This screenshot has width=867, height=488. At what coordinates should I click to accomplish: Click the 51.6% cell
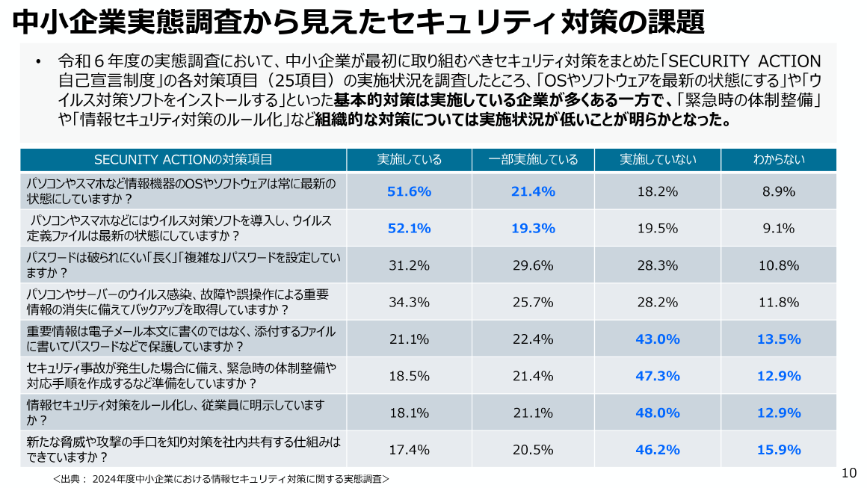(x=409, y=191)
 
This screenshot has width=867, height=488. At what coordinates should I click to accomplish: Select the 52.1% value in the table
(x=409, y=228)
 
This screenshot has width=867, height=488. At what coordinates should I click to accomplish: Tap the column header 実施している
(x=409, y=159)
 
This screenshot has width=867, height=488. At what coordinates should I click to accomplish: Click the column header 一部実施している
(x=533, y=159)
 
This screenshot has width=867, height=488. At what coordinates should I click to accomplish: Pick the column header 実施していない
(x=658, y=159)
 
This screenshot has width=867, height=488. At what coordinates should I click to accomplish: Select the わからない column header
(x=778, y=159)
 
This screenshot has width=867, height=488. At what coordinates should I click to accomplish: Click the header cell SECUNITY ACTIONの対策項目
(x=183, y=159)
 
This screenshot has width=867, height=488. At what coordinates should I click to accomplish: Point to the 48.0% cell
(x=658, y=413)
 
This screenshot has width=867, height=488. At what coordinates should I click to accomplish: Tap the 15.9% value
(x=778, y=449)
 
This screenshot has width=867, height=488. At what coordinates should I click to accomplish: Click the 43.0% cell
(x=658, y=339)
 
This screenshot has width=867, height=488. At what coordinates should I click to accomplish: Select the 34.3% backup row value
(x=409, y=302)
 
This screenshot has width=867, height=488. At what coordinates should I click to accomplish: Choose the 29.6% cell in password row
(x=533, y=265)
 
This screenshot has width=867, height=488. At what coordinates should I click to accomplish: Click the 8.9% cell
(x=778, y=191)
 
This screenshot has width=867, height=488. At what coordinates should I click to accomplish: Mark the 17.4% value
(x=409, y=449)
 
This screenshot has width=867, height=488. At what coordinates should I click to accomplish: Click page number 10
(x=848, y=472)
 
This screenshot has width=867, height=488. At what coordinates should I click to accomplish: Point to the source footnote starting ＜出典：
(x=221, y=478)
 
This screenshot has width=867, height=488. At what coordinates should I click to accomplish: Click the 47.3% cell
(x=658, y=376)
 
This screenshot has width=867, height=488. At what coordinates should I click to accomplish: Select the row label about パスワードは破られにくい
(x=183, y=265)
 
